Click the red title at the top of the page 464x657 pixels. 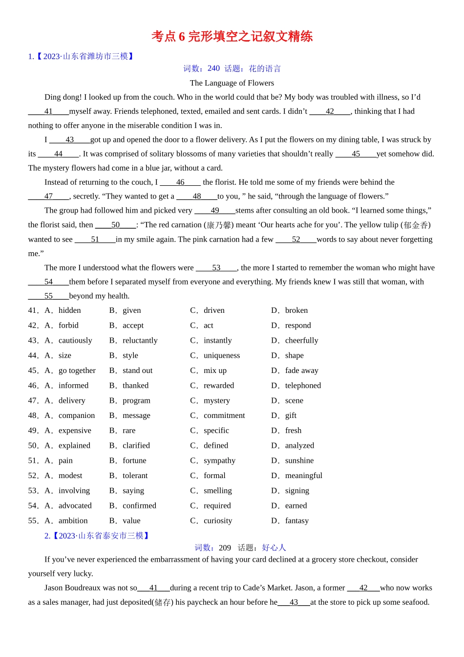[x=232, y=37]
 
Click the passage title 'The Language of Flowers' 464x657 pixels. [x=232, y=83]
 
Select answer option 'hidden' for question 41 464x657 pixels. [x=69, y=310]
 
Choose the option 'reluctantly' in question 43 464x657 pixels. [x=140, y=341]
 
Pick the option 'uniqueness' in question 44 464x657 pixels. [x=222, y=355]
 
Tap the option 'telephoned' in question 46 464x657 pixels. [x=303, y=386]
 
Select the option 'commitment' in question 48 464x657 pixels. [x=224, y=416]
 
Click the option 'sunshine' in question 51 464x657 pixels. [x=299, y=460]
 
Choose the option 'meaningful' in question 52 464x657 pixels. [x=303, y=476]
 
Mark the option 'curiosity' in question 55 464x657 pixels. [x=218, y=521]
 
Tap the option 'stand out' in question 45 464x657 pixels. [x=137, y=371]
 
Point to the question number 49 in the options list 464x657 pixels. [x=33, y=431]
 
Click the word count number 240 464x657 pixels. [x=213, y=68]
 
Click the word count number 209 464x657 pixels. [x=225, y=548]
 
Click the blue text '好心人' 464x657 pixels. [x=274, y=548]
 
